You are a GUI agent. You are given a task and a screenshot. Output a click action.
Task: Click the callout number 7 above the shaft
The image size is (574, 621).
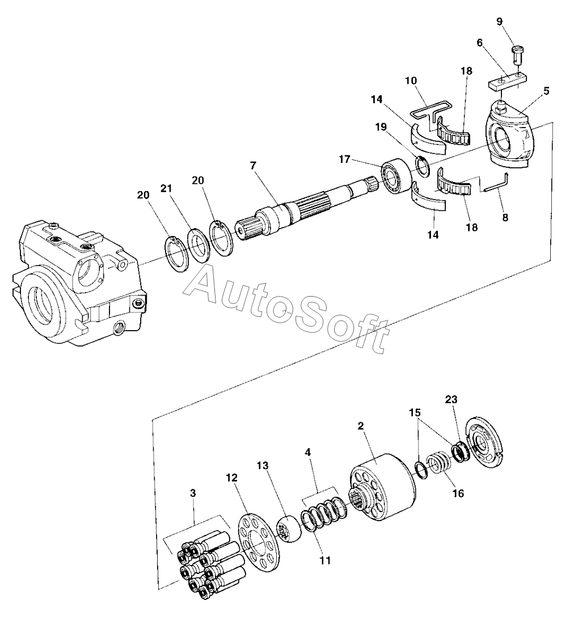[x=254, y=166]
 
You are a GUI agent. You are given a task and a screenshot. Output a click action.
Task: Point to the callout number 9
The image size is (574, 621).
[x=500, y=22]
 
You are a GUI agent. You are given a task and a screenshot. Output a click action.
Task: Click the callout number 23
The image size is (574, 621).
[x=451, y=399]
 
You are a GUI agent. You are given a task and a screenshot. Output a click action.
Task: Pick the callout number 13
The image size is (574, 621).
[x=263, y=466]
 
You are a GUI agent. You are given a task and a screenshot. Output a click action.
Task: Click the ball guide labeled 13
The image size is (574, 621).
[x=289, y=529]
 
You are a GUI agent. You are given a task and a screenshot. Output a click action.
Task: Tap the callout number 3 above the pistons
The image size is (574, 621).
[x=193, y=493]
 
